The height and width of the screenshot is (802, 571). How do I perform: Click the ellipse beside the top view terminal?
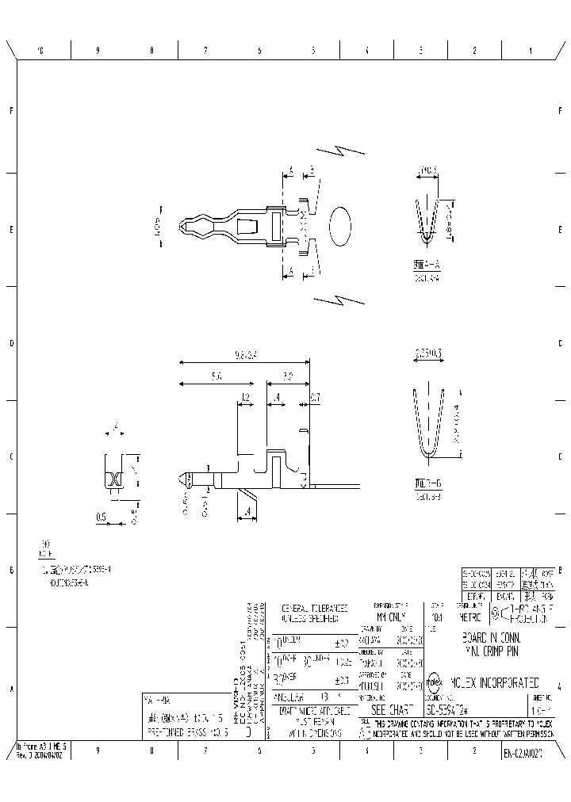[x=339, y=227]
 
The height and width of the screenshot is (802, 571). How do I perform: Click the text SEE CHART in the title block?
[x=389, y=710]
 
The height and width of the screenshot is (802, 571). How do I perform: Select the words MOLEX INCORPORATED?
[x=495, y=682]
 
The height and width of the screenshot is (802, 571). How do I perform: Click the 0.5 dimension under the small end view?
[x=102, y=517]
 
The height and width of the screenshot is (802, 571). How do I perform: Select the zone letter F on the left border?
[x=11, y=110]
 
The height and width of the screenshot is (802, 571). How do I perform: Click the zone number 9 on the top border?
[x=98, y=51]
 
